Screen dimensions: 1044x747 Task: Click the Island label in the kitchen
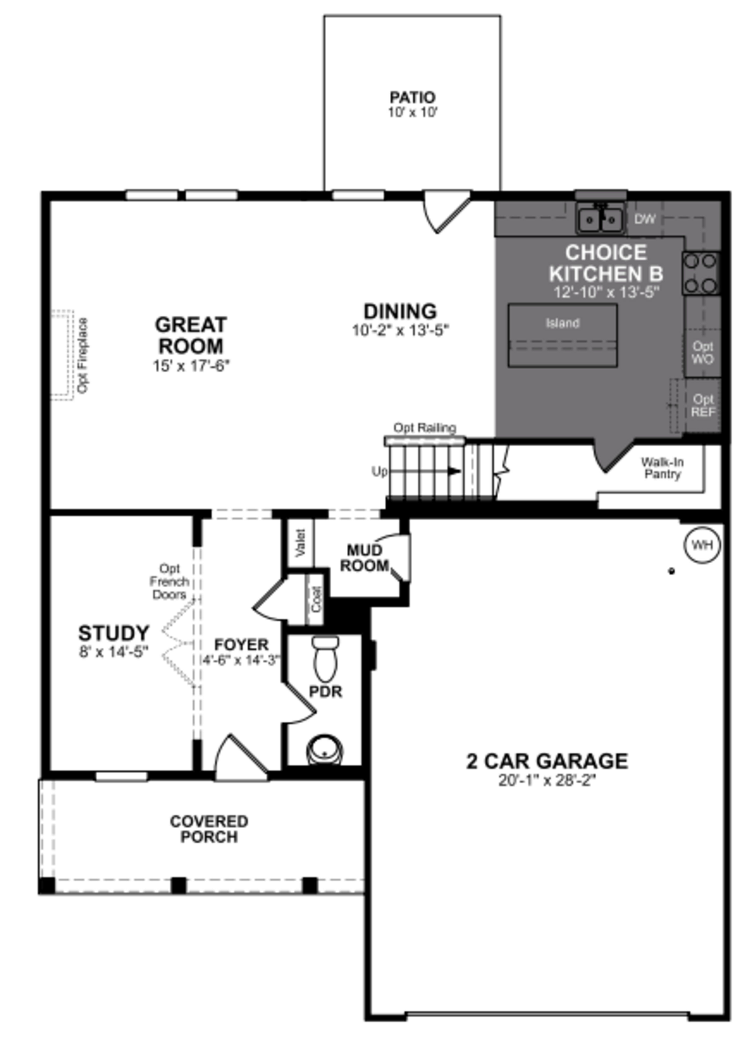(x=562, y=323)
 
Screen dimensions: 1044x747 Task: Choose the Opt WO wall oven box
(x=702, y=353)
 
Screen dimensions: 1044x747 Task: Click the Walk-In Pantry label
(x=662, y=468)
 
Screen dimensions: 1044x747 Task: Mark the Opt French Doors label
(x=169, y=581)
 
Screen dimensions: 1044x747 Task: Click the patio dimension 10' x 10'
(x=412, y=112)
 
